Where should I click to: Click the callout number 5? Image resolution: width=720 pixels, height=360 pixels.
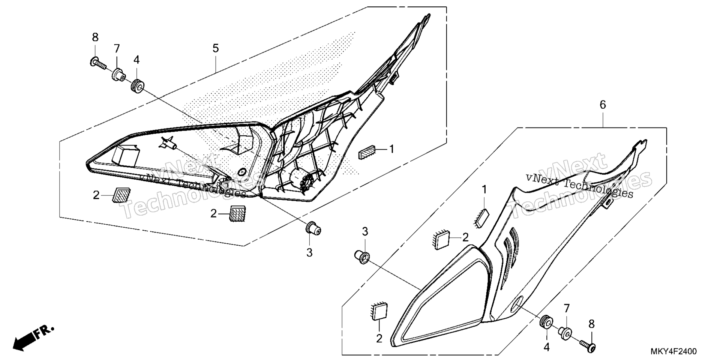pyautogui.click(x=215, y=48)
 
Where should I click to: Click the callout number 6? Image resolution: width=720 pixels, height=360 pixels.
pyautogui.click(x=603, y=105)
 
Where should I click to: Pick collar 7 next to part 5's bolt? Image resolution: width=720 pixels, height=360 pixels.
pyautogui.click(x=118, y=74)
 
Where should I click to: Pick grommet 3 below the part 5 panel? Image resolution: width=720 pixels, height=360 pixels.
pyautogui.click(x=313, y=228)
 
